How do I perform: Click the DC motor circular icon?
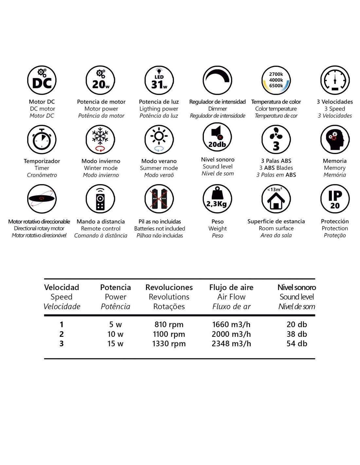(x=42, y=80)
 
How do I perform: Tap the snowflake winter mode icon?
(x=100, y=140)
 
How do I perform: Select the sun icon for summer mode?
(x=159, y=140)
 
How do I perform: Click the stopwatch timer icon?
(x=42, y=140)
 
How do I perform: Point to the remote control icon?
(x=100, y=199)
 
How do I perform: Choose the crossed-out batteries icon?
(x=159, y=199)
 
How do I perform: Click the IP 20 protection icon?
(x=335, y=199)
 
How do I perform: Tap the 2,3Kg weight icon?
(x=217, y=199)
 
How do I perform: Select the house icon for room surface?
(x=276, y=199)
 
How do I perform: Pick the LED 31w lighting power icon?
(x=159, y=80)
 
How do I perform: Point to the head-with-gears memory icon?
(x=335, y=140)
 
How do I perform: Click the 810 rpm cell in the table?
(x=169, y=324)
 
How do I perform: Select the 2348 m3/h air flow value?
(x=231, y=343)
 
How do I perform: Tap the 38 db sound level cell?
(x=297, y=334)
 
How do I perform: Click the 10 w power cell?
(x=116, y=334)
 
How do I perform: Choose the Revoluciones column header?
(x=169, y=287)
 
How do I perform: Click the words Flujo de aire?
(x=231, y=287)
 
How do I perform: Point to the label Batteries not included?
(x=160, y=229)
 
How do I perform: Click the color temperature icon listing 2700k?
(x=276, y=80)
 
